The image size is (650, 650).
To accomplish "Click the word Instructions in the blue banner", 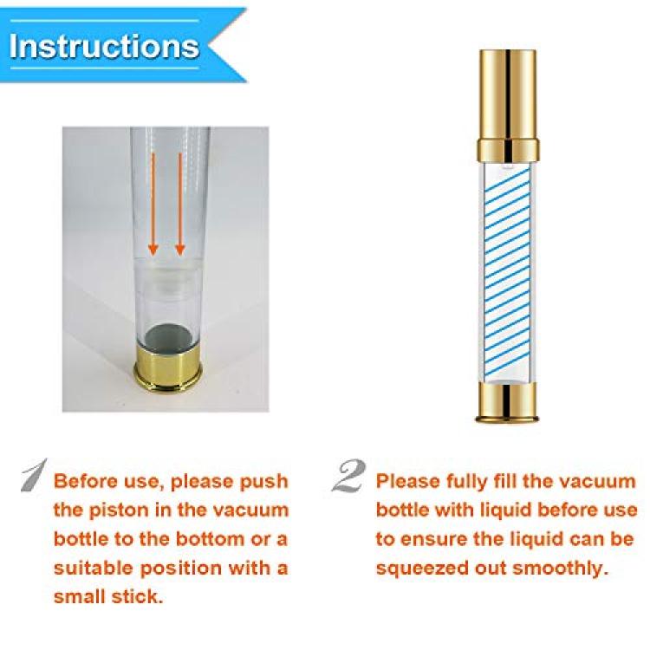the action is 104,46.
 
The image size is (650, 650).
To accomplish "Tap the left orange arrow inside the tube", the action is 153,204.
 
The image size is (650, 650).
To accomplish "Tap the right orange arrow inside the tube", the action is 180,204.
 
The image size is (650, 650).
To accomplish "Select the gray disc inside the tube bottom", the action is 168,335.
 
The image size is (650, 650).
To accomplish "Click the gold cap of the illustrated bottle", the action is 508,94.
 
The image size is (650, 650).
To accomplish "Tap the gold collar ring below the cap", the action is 508,151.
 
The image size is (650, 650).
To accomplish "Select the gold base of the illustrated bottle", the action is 508,402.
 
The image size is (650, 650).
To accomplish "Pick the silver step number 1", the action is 35,475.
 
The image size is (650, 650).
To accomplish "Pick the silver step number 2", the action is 349,476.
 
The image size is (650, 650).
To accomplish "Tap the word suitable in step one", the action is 96,568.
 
